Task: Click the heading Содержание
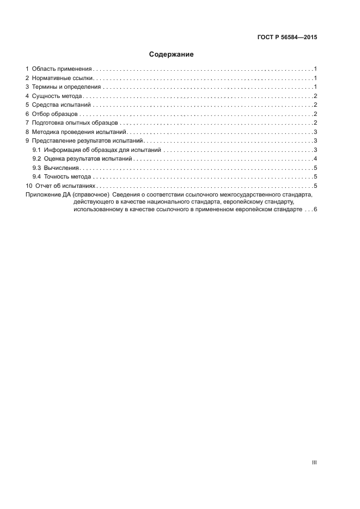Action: point(172,54)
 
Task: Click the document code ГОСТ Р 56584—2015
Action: point(287,38)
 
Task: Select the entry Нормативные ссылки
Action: point(63,78)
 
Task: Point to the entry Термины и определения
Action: point(66,87)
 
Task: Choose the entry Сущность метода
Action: point(57,96)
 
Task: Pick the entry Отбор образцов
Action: point(56,114)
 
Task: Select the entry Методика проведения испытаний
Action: point(79,132)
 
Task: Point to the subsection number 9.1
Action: point(36,150)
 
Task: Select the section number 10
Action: point(29,186)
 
